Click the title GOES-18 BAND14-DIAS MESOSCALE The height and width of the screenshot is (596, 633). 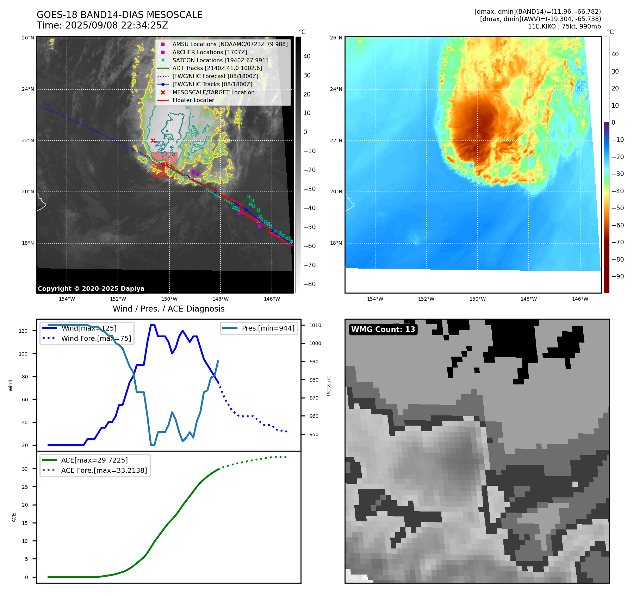(119, 15)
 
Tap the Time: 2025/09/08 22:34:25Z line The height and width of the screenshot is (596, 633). (102, 25)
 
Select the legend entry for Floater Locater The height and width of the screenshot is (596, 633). (193, 100)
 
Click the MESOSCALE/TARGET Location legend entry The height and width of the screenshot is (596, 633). (213, 92)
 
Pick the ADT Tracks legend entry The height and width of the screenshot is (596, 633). (217, 68)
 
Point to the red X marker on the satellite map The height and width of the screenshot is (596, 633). (153, 140)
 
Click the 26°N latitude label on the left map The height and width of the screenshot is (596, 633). (28, 38)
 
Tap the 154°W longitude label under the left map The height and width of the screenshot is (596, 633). (67, 299)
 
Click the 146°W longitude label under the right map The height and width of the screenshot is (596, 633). (580, 299)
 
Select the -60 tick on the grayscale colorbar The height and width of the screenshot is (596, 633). (310, 246)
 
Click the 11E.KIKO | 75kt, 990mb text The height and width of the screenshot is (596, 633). (564, 26)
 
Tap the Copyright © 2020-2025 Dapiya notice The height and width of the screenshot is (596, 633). (91, 289)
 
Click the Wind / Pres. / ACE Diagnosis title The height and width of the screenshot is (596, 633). (168, 309)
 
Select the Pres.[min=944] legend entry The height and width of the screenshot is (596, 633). (268, 328)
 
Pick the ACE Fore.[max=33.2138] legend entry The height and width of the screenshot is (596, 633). (104, 470)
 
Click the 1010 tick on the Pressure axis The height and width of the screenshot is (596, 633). (315, 325)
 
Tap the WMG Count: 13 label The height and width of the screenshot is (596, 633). (383, 330)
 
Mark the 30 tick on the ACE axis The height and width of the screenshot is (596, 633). (25, 469)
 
